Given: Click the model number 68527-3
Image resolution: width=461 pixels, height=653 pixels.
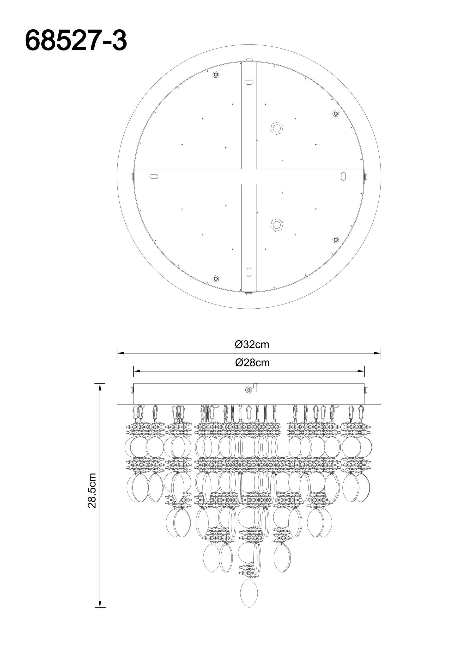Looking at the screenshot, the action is pos(76,41).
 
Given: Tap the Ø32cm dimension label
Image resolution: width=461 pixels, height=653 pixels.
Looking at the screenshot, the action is pos(252,344).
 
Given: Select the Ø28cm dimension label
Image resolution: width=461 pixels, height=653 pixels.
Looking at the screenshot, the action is pos(252,363).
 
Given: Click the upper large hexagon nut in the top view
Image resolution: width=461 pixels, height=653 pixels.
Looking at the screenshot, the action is pos(277,128).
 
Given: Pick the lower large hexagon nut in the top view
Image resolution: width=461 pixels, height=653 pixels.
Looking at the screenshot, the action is pos(277,225).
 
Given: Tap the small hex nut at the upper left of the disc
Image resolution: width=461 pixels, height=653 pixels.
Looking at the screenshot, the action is pos(216,75).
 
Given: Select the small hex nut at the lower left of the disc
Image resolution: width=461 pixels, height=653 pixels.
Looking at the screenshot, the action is pos(216,279).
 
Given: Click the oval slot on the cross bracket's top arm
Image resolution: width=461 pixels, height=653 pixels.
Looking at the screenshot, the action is pos(249,82).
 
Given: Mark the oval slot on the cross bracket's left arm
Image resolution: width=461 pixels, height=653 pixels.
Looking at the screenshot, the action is pos(154,176).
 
